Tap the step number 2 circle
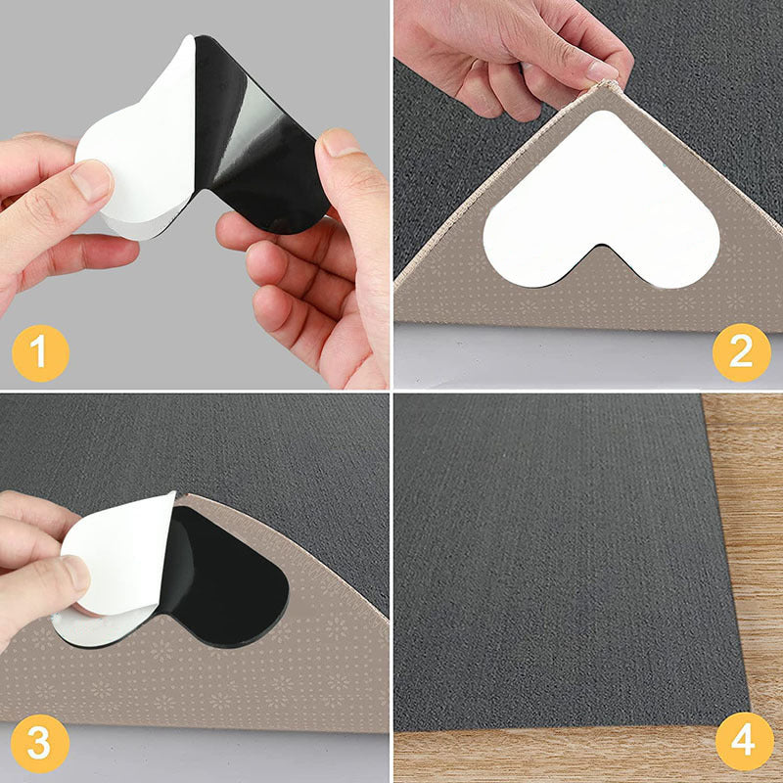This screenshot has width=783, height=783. point(741,351)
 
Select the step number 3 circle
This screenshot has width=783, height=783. point(38,743)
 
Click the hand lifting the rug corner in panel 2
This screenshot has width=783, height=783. point(509,49)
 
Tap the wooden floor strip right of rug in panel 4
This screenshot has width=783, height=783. point(754,538)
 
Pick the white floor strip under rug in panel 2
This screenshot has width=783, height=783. point(587,357)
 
